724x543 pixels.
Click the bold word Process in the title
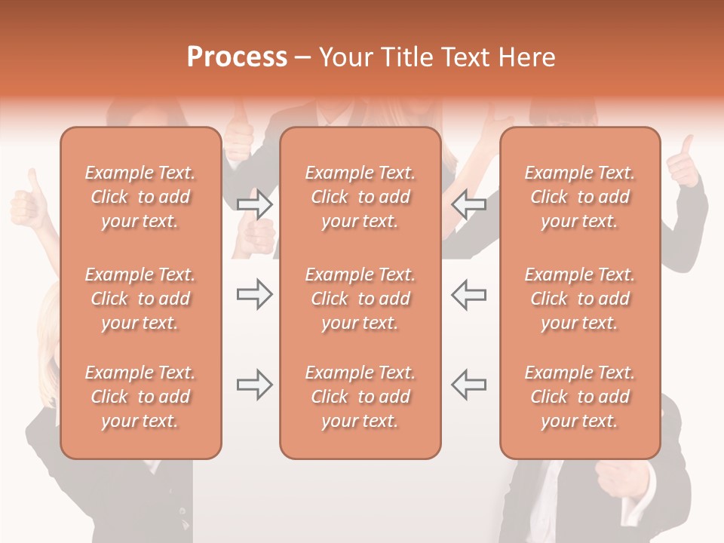[x=237, y=57]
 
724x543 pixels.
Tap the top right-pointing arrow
[x=254, y=204]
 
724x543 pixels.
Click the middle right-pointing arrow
[x=254, y=294]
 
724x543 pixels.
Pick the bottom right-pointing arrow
[x=254, y=385]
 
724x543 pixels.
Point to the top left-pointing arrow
[x=468, y=204]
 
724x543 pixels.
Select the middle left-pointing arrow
[x=468, y=294]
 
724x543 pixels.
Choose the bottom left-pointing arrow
[x=468, y=385]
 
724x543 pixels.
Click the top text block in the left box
[x=140, y=197]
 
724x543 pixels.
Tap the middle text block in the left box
[x=140, y=299]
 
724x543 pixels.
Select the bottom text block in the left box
[x=140, y=397]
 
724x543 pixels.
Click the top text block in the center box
[x=360, y=197]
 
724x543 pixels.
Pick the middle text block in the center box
[x=360, y=299]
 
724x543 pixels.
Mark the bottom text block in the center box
[x=360, y=397]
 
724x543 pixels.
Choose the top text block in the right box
[x=580, y=197]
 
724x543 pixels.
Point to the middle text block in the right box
[x=580, y=299]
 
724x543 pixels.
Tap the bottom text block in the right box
[x=580, y=397]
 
